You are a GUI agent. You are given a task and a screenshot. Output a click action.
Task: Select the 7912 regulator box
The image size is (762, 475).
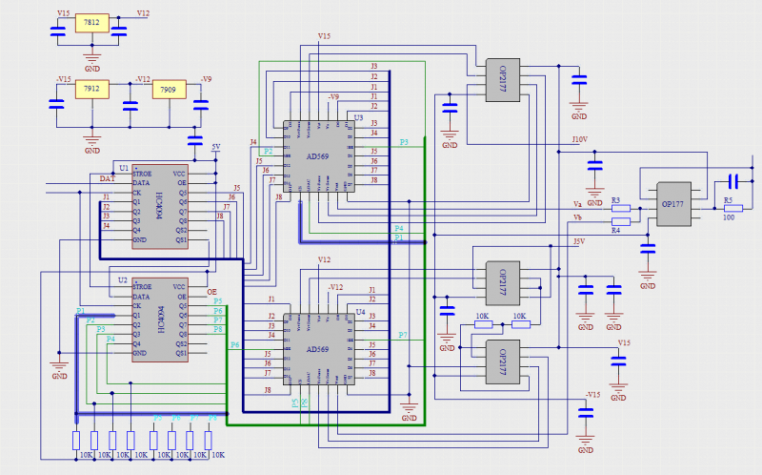tap(91, 89)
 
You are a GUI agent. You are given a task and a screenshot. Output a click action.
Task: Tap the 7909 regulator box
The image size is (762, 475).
tap(168, 89)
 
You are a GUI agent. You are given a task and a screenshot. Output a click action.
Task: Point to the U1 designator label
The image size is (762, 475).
tap(124, 167)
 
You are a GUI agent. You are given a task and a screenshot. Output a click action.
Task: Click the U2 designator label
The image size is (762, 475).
tap(122, 280)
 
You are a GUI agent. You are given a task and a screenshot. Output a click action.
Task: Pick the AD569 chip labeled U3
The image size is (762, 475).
tap(320, 156)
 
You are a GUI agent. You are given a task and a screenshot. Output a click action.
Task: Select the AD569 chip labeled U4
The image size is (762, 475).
tap(319, 349)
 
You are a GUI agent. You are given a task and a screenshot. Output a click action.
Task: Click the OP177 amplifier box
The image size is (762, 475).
tap(672, 204)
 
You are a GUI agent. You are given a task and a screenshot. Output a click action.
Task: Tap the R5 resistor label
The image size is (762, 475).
tap(728, 200)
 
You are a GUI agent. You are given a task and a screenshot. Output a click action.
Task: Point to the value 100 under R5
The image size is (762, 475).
tap(729, 217)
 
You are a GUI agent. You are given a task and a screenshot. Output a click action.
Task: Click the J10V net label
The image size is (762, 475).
tap(579, 140)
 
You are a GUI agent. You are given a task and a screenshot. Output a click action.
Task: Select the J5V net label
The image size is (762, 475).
tap(577, 242)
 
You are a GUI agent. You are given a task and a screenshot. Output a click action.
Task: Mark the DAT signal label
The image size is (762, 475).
tap(108, 178)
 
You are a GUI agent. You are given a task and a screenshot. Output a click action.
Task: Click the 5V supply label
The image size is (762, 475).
tap(216, 147)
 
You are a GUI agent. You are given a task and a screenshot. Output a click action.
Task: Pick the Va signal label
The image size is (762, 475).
tap(577, 204)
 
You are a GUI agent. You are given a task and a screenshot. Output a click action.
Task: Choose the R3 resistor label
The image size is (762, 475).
tap(615, 200)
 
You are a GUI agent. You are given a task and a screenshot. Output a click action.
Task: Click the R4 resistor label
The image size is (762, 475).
tap(615, 230)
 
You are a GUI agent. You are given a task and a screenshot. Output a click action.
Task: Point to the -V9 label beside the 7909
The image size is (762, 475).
tap(205, 79)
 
